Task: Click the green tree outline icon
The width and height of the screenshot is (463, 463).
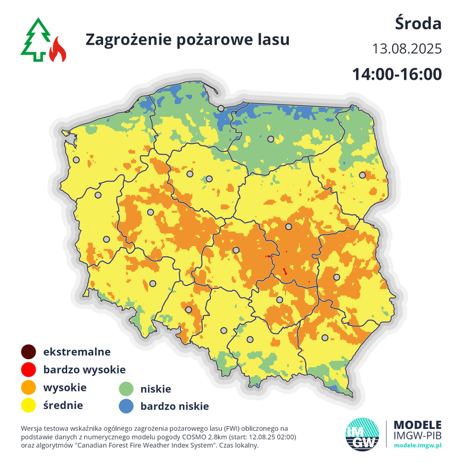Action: click(36, 39)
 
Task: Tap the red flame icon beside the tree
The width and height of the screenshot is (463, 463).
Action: click(57, 50)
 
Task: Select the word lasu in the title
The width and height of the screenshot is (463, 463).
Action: click(274, 39)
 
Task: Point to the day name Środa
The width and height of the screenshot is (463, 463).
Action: click(418, 24)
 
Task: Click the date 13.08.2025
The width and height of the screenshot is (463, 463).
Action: click(406, 49)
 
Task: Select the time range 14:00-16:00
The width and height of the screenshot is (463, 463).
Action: click(396, 74)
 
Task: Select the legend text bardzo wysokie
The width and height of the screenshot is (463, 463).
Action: click(84, 370)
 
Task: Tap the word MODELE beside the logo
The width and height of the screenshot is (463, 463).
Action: click(417, 424)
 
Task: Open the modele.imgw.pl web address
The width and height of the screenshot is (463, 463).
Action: click(417, 446)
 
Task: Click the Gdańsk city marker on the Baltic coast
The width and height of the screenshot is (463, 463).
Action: click(221, 108)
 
